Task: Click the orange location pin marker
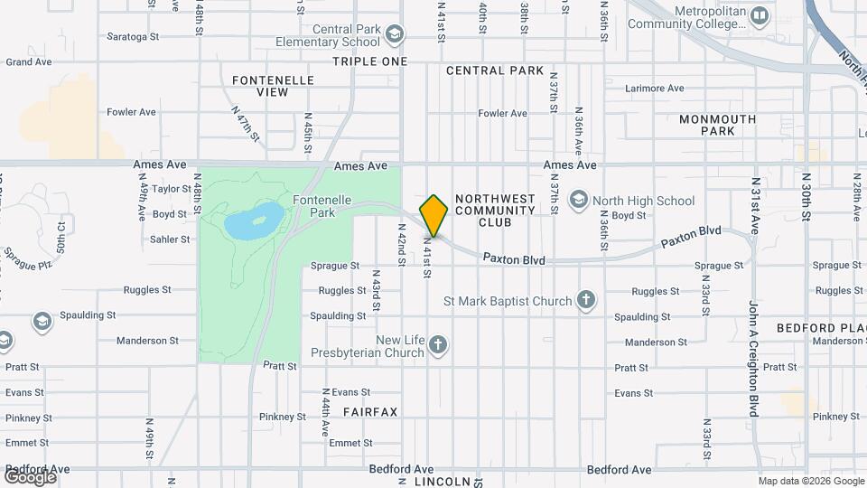(433, 216)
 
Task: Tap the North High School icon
(579, 201)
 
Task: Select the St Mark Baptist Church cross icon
(586, 301)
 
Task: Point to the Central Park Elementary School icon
(394, 35)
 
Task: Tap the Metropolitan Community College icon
(760, 15)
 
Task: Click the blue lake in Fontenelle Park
(253, 219)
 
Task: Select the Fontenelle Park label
(313, 205)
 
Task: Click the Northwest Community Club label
(495, 211)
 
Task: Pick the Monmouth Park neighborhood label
(717, 125)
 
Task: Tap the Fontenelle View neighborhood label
(273, 86)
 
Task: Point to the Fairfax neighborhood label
(370, 412)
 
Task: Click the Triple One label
(369, 61)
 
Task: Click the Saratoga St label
(133, 38)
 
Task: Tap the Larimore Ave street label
(656, 89)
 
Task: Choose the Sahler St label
(171, 239)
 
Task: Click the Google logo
(29, 477)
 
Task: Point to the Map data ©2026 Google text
(809, 481)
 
